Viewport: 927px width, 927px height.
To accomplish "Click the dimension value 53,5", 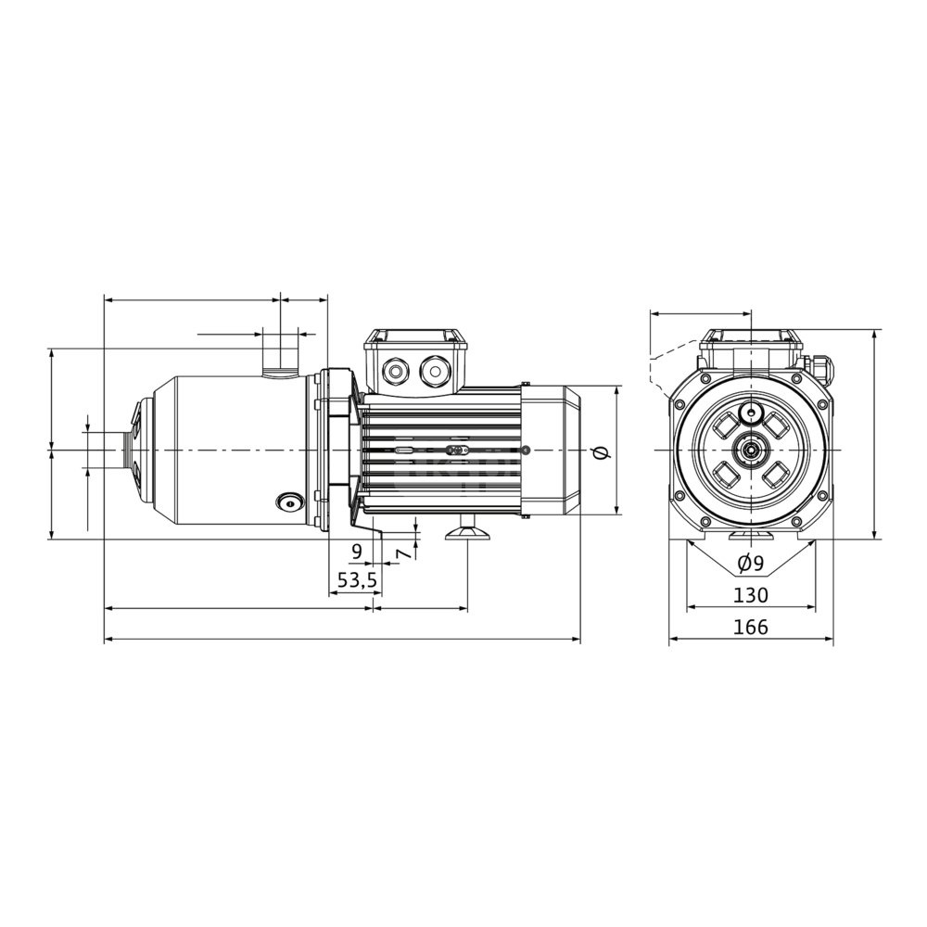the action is (x=357, y=580).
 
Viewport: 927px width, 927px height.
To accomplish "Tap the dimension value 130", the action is (x=750, y=595).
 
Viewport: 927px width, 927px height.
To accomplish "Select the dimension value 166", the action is (x=750, y=627).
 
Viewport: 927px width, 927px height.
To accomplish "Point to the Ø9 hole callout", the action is (x=751, y=563).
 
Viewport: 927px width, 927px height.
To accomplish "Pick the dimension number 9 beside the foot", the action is (x=357, y=552).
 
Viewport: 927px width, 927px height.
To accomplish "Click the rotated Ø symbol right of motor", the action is (x=601, y=452).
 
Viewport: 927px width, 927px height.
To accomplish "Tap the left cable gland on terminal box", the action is (x=394, y=372).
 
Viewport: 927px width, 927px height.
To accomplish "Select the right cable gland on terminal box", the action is (x=435, y=372).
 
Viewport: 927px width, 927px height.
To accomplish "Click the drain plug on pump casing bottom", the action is (x=289, y=502).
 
